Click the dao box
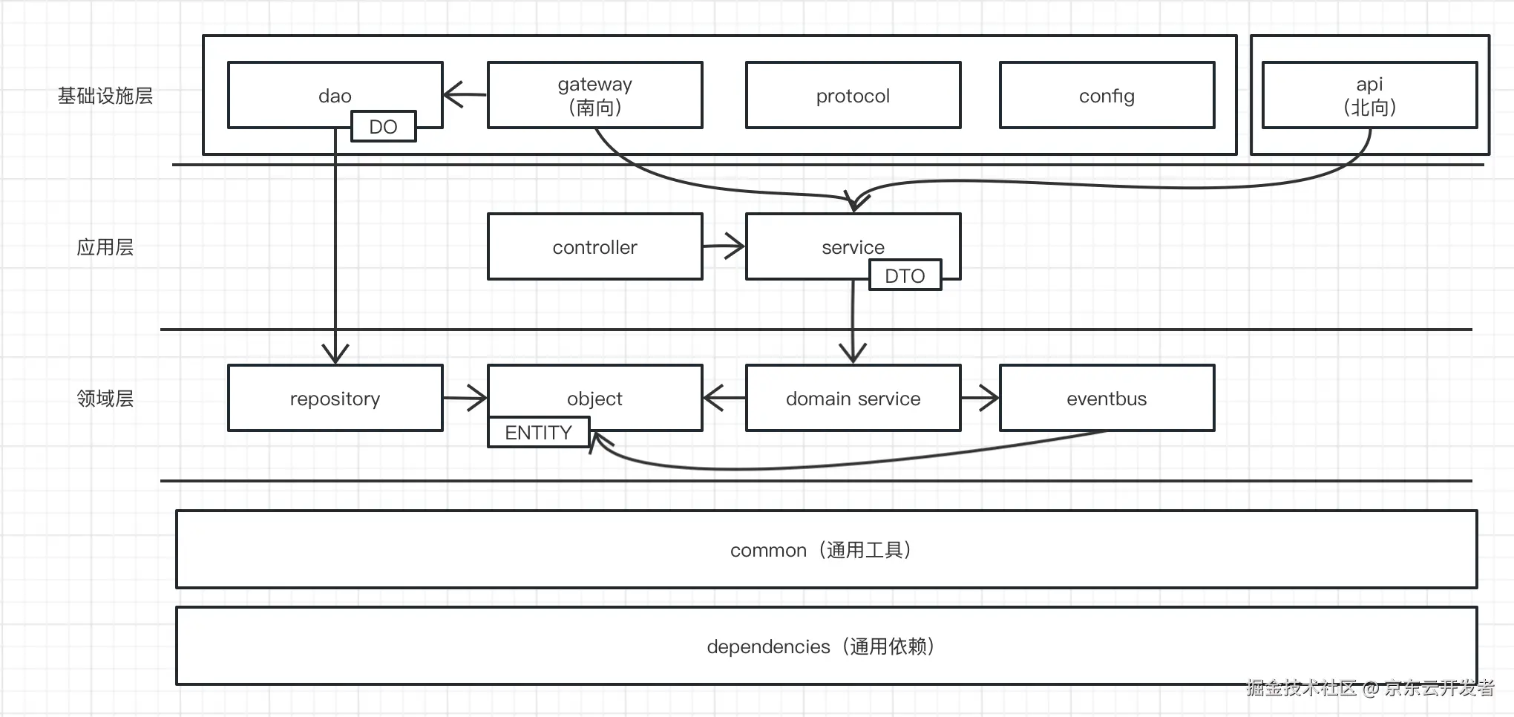tap(335, 95)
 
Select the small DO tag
tap(383, 126)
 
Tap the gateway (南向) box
tap(595, 95)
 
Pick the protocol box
tap(853, 95)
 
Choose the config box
tap(1107, 95)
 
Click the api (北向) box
tap(1370, 95)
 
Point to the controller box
tap(595, 246)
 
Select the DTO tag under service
tap(905, 275)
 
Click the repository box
tap(335, 398)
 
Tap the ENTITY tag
tap(539, 432)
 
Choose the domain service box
tap(853, 398)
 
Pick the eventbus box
tap(1107, 398)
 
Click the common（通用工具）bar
tap(827, 549)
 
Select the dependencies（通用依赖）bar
tap(827, 646)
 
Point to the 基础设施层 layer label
tap(105, 96)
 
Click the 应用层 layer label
tap(105, 247)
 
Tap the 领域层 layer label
tap(105, 399)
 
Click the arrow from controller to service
tap(724, 246)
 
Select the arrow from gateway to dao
tap(465, 94)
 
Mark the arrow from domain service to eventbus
tap(980, 398)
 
